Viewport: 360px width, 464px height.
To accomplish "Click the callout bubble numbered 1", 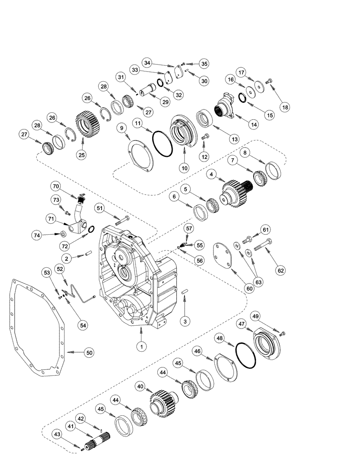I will click(x=140, y=346).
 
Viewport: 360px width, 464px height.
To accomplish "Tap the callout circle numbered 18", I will click(x=284, y=107).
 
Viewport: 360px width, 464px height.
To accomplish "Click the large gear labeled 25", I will click(x=89, y=126).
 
